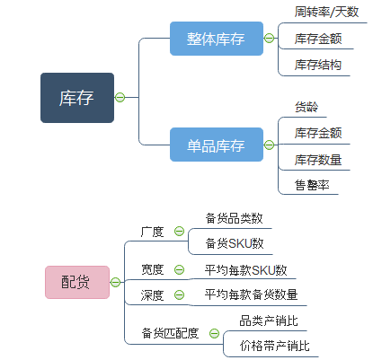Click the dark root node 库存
76,97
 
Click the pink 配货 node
76,282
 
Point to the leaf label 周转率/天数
325,13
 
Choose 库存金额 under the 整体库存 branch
317,39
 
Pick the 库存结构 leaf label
317,65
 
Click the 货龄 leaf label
306,107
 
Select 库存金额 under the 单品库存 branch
317,133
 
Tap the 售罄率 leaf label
311,185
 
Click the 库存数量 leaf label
317,159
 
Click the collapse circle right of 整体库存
269,39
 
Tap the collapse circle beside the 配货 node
115,282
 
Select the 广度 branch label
152,232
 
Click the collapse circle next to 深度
179,294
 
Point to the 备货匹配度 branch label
170,333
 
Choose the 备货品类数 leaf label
234,218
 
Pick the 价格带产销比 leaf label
274,346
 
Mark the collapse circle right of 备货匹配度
214,333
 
